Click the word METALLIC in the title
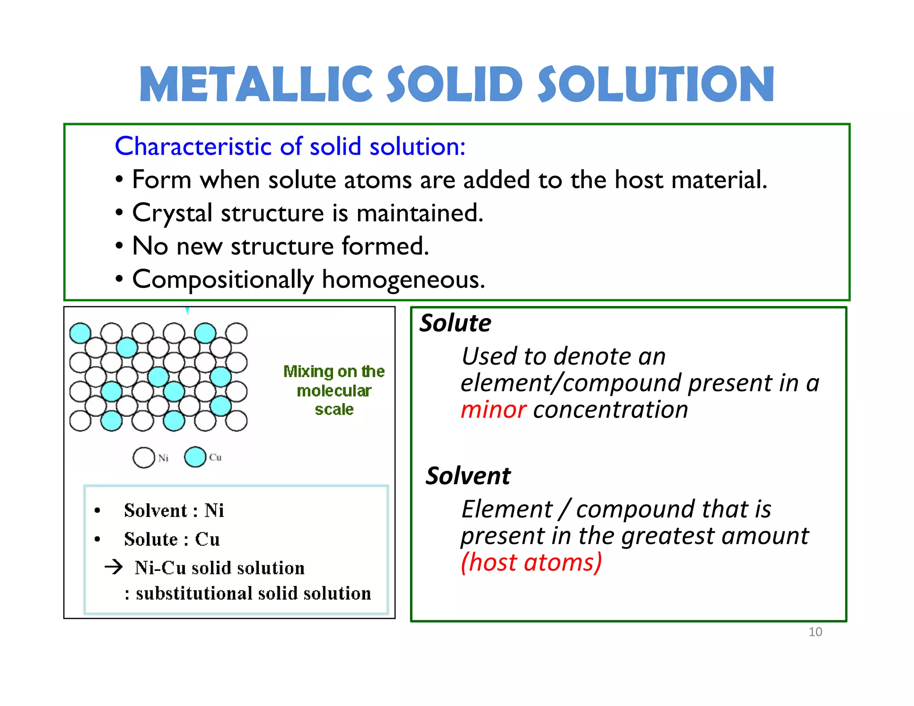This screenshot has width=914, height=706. [x=256, y=84]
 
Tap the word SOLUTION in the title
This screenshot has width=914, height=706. [x=656, y=84]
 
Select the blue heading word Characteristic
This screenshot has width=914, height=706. [x=193, y=146]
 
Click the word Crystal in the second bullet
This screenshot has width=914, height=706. [x=172, y=213]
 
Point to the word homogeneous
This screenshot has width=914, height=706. [x=403, y=280]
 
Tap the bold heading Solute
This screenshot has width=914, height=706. [x=455, y=323]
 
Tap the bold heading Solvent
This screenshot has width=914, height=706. [x=468, y=476]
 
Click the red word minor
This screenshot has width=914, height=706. [x=493, y=410]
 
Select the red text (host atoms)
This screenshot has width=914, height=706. [x=531, y=562]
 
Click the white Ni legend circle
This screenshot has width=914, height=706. [x=144, y=458]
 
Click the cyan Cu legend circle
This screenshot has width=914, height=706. [x=195, y=457]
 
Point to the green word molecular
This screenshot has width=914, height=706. [x=334, y=391]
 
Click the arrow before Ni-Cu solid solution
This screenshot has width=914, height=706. [x=114, y=567]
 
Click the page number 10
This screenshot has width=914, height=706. [x=815, y=632]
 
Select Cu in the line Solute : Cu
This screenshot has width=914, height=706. [x=208, y=539]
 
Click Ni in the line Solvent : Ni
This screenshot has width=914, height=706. [x=214, y=511]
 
